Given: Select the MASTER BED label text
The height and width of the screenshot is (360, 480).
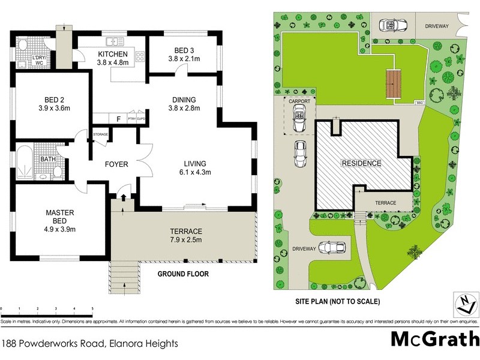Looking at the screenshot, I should (x=60, y=217).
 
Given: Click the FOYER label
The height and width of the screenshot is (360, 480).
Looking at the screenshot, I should (x=116, y=164).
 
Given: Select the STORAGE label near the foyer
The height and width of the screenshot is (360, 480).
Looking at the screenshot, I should (x=100, y=134).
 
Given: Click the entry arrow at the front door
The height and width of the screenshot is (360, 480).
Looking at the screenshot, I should (x=123, y=197).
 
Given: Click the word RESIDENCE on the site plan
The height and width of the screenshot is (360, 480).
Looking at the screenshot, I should (x=361, y=163).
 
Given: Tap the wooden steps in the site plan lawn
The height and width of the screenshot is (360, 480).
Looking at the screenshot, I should (x=393, y=85).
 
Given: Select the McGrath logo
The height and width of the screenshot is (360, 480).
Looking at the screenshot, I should (x=435, y=339).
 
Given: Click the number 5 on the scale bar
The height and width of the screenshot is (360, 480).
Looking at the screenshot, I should (x=92, y=308).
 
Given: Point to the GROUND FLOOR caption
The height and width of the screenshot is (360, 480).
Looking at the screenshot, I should (x=182, y=274).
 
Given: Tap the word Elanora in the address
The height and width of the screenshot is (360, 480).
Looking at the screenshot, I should (x=127, y=344).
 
